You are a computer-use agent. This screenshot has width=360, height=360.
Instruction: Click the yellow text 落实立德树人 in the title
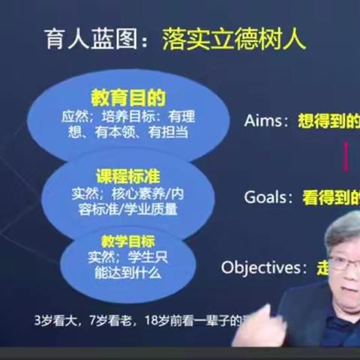[234, 39]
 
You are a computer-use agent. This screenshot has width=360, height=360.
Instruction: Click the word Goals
[266, 197]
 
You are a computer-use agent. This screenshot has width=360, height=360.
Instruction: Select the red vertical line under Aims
[346, 157]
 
